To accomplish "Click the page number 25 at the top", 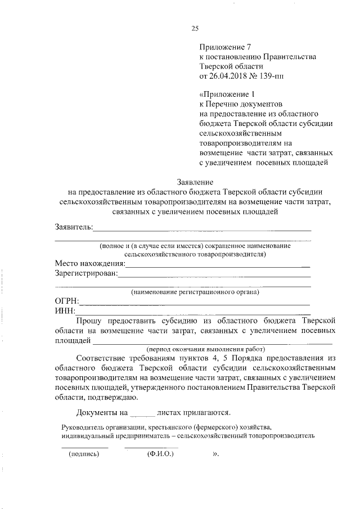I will coord(195,29).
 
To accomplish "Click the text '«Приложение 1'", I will coord(224,94).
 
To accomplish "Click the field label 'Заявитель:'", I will coord(74,227).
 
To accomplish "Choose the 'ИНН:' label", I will coord(65,310).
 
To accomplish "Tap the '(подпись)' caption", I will coord(83,453).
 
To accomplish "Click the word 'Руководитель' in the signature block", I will coord(84,426).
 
